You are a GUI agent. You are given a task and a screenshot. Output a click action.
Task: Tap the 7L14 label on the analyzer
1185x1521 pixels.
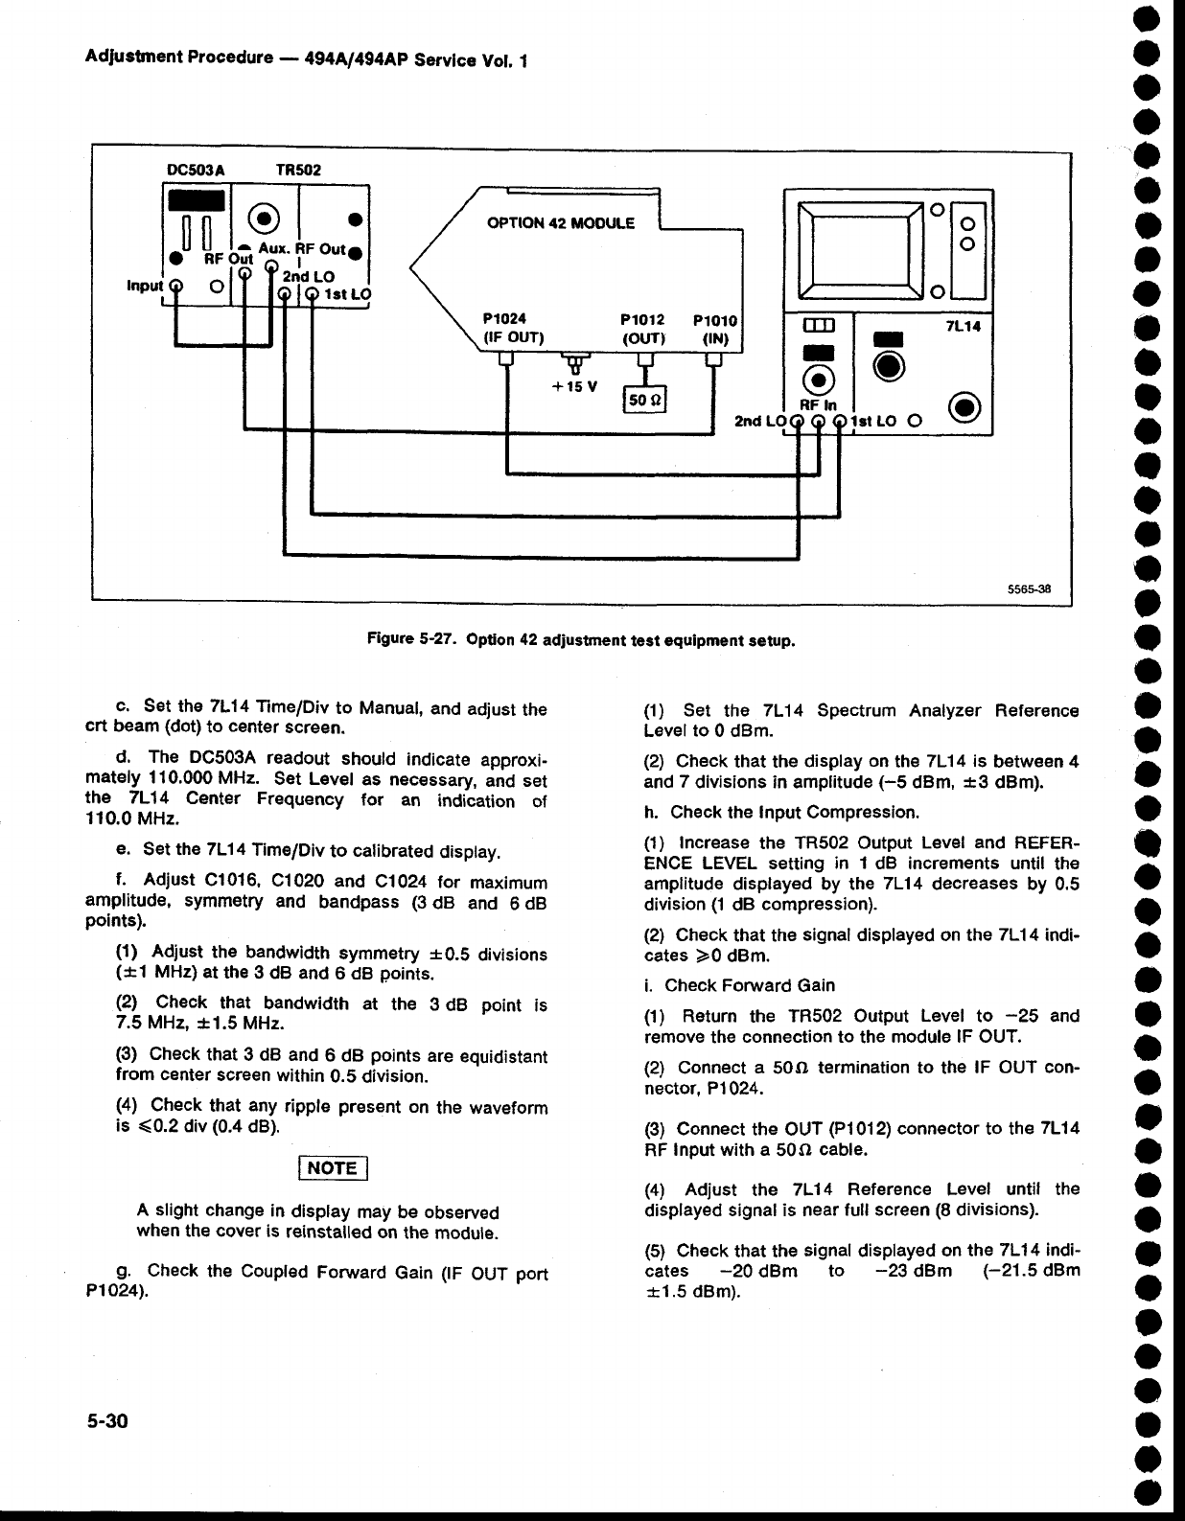(962, 326)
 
